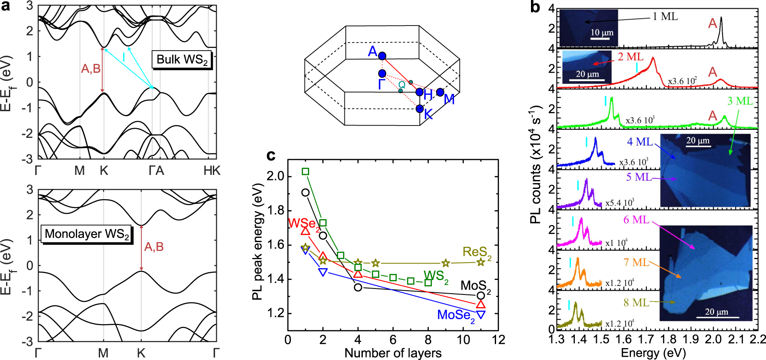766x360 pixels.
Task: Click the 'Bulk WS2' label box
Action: [x=182, y=60]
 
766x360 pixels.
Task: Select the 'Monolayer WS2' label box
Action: [x=86, y=234]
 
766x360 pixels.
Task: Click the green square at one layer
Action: [x=305, y=171]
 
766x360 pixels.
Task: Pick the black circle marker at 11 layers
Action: [x=481, y=295]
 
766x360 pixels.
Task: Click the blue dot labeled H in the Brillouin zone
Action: [x=419, y=92]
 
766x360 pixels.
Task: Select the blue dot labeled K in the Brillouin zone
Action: [x=420, y=109]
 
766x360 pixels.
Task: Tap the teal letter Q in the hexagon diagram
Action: [x=402, y=85]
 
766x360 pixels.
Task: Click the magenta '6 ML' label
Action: [x=636, y=220]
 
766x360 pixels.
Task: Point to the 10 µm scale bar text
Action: [x=602, y=32]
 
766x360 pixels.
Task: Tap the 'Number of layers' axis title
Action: [x=393, y=353]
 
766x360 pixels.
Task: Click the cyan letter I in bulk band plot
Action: [x=123, y=57]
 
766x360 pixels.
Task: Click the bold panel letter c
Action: [x=271, y=156]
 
